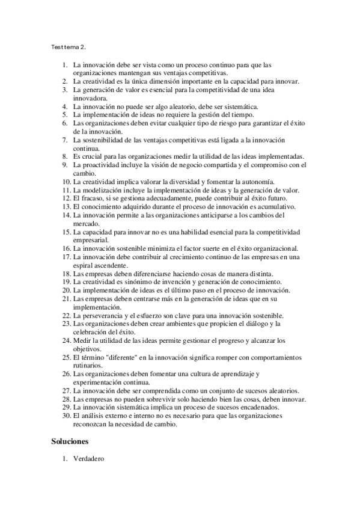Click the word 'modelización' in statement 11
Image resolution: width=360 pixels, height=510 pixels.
[102, 190]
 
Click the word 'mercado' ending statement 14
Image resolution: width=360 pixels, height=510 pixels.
[86, 223]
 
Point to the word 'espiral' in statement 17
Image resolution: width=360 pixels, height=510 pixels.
[83, 265]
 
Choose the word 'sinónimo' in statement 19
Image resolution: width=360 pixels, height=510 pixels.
[130, 282]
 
